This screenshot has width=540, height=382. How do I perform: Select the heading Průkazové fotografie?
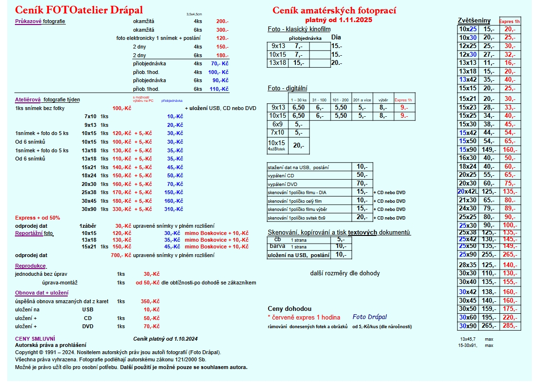click(x=40, y=22)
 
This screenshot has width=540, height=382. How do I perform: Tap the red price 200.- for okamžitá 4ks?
click(x=222, y=22)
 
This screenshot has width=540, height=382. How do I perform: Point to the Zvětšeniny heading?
click(x=474, y=21)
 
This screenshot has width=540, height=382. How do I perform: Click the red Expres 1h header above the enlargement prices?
click(x=510, y=22)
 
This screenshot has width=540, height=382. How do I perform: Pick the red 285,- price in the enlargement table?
click(x=509, y=326)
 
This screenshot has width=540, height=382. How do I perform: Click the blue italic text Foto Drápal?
click(x=369, y=317)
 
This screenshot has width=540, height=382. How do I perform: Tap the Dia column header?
click(x=336, y=37)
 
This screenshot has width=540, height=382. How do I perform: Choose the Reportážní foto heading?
click(x=34, y=233)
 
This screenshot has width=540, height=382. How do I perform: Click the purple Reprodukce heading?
click(x=31, y=266)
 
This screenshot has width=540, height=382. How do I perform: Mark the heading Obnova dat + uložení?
click(x=41, y=293)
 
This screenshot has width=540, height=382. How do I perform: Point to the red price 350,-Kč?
click(x=150, y=301)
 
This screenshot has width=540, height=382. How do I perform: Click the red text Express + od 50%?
click(x=37, y=218)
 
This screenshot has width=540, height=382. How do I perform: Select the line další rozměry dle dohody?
click(x=344, y=273)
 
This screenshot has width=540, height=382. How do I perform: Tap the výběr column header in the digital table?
click(x=383, y=100)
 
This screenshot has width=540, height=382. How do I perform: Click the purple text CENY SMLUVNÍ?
click(x=35, y=339)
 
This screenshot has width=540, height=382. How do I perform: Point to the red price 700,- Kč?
click(x=121, y=255)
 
